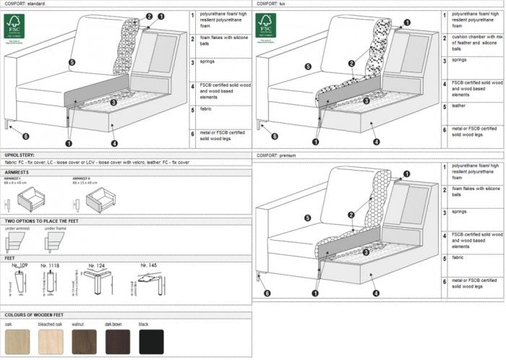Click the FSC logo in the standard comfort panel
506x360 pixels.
(x=14, y=26)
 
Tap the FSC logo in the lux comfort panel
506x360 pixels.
(x=265, y=26)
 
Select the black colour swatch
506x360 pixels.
(x=152, y=341)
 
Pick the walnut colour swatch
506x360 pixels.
(x=84, y=341)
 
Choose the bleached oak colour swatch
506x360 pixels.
(x=50, y=341)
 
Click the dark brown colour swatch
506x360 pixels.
(x=118, y=341)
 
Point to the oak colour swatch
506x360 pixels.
(x=17, y=341)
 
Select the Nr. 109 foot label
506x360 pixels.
(x=21, y=265)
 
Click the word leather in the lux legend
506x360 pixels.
(x=460, y=106)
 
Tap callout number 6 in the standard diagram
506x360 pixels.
(x=25, y=136)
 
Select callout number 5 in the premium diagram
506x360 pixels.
(x=309, y=218)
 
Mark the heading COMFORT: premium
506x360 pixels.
(x=278, y=155)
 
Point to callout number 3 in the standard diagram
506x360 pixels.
(x=113, y=103)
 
